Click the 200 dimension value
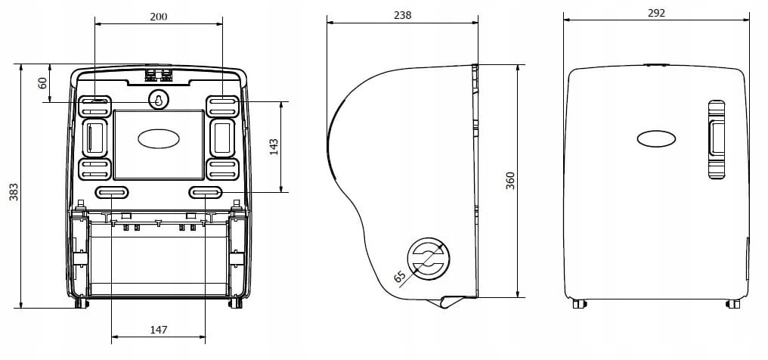click(x=158, y=17)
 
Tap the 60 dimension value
click(x=42, y=82)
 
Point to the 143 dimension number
click(x=274, y=147)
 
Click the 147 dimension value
click(x=159, y=330)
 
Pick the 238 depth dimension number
click(x=403, y=15)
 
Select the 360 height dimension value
click(x=510, y=181)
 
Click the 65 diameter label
click(x=400, y=277)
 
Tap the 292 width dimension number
click(x=656, y=13)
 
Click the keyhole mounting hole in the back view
click(x=158, y=100)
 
